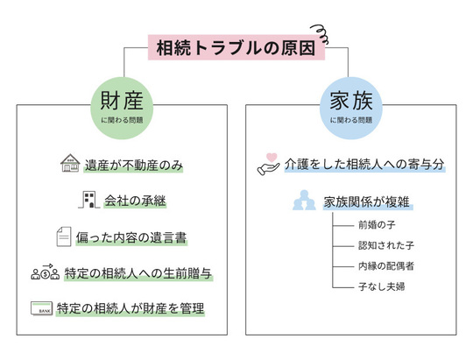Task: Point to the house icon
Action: (x=68, y=164)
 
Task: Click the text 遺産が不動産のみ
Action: (x=134, y=165)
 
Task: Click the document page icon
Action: (x=64, y=236)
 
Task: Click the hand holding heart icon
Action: (x=268, y=164)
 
